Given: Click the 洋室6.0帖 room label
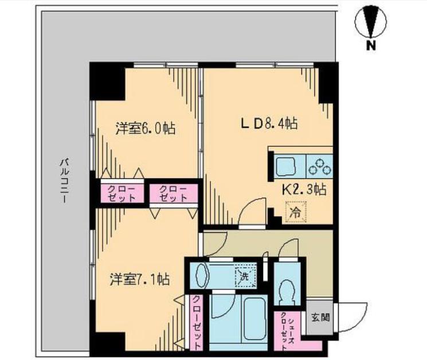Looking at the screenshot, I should [x=145, y=128].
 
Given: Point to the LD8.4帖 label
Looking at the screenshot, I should [x=267, y=123].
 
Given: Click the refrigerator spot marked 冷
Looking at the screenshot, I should [x=295, y=212].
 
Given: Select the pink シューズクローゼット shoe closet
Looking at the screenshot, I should [x=285, y=330].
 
